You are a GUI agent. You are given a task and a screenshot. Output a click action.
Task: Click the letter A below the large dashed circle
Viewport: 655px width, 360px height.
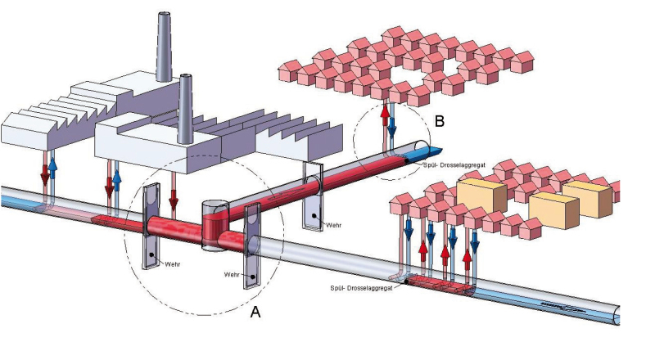[x=255, y=311]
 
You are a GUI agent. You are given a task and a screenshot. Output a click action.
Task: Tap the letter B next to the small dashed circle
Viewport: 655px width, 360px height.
[x=440, y=121]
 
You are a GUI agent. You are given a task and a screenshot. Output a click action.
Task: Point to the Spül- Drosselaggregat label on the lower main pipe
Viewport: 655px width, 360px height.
[x=361, y=288]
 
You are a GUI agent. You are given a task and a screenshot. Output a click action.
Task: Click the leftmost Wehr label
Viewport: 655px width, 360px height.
[x=173, y=264]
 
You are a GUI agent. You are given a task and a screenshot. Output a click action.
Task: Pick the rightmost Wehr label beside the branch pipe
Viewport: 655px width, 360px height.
[x=334, y=225]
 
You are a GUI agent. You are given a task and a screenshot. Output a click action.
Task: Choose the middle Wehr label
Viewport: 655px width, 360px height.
[x=232, y=275]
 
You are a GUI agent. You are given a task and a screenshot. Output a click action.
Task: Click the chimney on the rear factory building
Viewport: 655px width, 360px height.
[x=164, y=47]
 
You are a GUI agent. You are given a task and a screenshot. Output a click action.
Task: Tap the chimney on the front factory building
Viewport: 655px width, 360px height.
[x=184, y=109]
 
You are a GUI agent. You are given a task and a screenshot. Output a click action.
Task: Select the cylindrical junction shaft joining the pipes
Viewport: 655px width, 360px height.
[x=215, y=226]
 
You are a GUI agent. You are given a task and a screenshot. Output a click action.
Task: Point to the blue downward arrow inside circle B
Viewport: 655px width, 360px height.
[x=392, y=127]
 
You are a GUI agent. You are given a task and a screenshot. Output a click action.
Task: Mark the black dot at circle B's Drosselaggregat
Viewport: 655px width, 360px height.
[x=406, y=160]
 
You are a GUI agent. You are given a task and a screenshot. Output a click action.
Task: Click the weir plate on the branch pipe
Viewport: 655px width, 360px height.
[x=313, y=196]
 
